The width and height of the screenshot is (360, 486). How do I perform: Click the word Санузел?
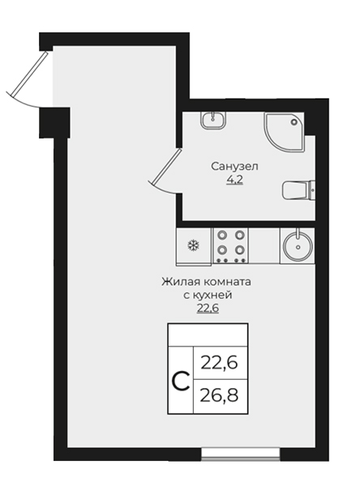pyautogui.click(x=234, y=166)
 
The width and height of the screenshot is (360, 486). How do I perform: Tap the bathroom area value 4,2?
pyautogui.click(x=234, y=180)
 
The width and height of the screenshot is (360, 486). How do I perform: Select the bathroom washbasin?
pyautogui.click(x=213, y=121)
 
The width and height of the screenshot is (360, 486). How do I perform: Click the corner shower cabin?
pyautogui.click(x=284, y=132)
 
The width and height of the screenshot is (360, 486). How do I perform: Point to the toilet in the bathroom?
pyautogui.click(x=298, y=190)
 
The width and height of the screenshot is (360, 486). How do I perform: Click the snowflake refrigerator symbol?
pyautogui.click(x=193, y=245)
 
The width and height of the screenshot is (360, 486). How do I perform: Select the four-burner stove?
pyautogui.click(x=230, y=246)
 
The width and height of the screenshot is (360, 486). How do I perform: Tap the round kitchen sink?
pyautogui.click(x=298, y=246)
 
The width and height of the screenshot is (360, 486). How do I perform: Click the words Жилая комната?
pyautogui.click(x=206, y=282)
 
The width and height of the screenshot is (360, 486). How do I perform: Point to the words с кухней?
pyautogui.click(x=208, y=295)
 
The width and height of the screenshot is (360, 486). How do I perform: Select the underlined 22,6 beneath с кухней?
pyautogui.click(x=208, y=309)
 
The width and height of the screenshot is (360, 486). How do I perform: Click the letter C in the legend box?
pyautogui.click(x=181, y=382)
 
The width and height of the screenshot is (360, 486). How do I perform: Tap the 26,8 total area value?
pyautogui.click(x=220, y=396)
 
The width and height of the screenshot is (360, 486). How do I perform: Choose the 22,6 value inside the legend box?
pyautogui.click(x=220, y=363)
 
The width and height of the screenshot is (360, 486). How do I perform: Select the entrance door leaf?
pyautogui.click(x=27, y=73)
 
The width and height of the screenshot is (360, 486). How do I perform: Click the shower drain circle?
pyautogui.click(x=294, y=122)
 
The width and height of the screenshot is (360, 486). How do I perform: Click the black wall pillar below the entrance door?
pyautogui.click(x=54, y=123)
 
